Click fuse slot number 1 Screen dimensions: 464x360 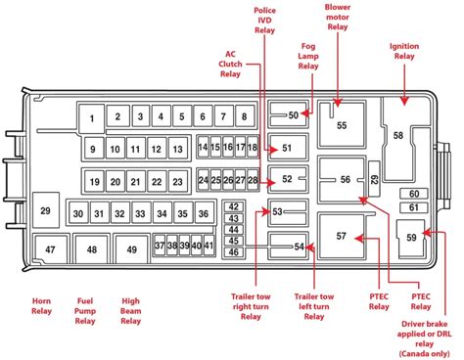coord(92,118)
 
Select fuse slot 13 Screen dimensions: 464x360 coord(177,149)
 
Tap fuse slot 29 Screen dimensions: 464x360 coord(46,210)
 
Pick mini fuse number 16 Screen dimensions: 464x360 coord(228,147)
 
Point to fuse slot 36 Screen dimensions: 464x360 coord(204,213)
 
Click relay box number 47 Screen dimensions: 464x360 coord(50,249)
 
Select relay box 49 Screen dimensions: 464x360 coord(132,249)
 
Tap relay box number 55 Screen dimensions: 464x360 coord(342,124)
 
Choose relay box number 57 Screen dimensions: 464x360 coord(341,236)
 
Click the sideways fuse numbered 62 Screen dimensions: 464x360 coord(374,179)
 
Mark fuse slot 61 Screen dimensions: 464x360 coord(414,207)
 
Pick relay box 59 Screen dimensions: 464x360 coord(411,238)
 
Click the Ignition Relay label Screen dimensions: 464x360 coord(404,51)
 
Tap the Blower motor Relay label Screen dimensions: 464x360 coord(338,17)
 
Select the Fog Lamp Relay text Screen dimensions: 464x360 coord(308,56)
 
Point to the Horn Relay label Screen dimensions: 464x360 coord(41,306)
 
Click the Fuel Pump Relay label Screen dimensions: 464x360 coord(85,311)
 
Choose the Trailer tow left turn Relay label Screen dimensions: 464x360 coord(314,306)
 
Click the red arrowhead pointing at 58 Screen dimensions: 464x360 coord(404,101)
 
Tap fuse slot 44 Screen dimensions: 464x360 coord(234,230)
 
